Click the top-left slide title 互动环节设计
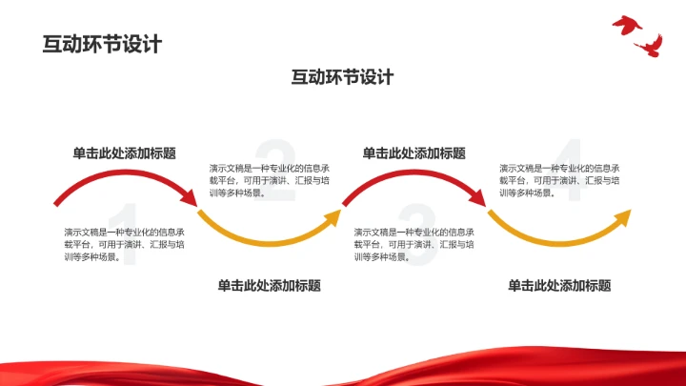pos(102,45)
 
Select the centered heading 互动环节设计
pos(342,77)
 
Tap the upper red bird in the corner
pos(625,25)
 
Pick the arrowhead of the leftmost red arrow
pos(189,199)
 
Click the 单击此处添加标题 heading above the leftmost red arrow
pos(124,152)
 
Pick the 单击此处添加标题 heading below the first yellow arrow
pos(269,285)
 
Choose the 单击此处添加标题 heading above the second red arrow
pos(414,152)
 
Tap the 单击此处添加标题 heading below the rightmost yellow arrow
pos(559,285)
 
